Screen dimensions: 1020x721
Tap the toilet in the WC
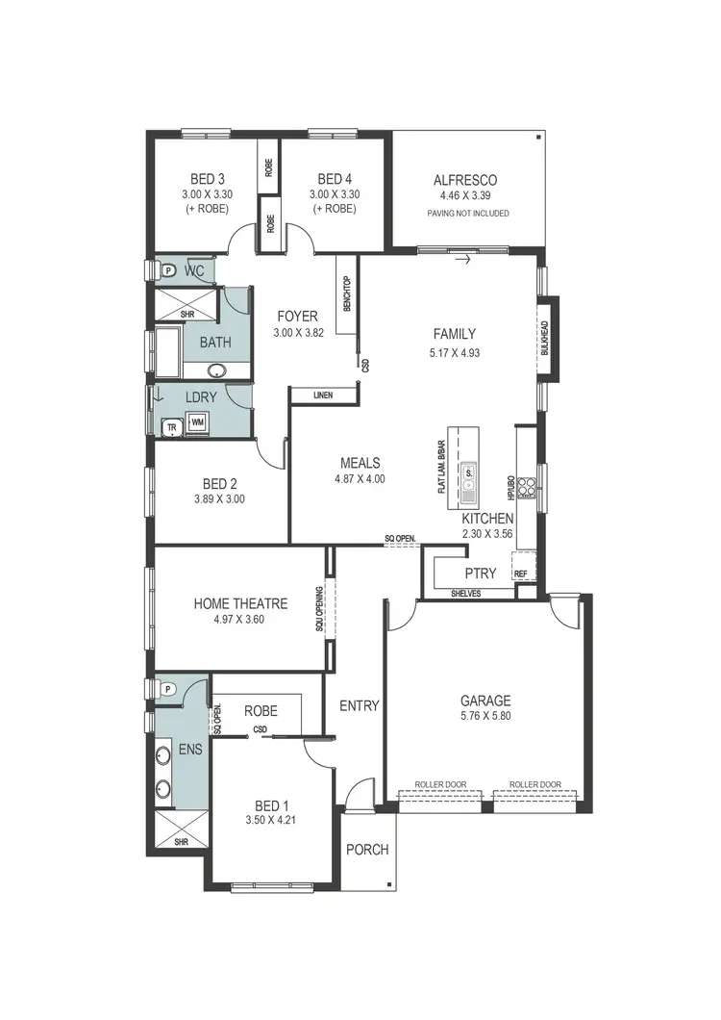click(x=167, y=270)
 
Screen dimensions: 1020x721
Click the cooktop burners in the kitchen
click(x=526, y=487)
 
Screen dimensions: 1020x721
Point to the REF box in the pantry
click(x=522, y=574)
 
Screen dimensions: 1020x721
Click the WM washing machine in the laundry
click(x=197, y=421)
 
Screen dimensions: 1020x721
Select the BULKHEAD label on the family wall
click(x=544, y=339)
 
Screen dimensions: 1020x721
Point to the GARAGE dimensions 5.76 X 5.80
click(x=485, y=716)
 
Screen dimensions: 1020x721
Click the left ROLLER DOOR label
click(x=440, y=785)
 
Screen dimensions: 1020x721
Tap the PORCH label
click(x=367, y=850)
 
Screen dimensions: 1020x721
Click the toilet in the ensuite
click(x=167, y=689)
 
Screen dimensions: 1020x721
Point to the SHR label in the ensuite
click(x=181, y=841)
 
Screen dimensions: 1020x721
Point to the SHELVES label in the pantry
click(x=466, y=594)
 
